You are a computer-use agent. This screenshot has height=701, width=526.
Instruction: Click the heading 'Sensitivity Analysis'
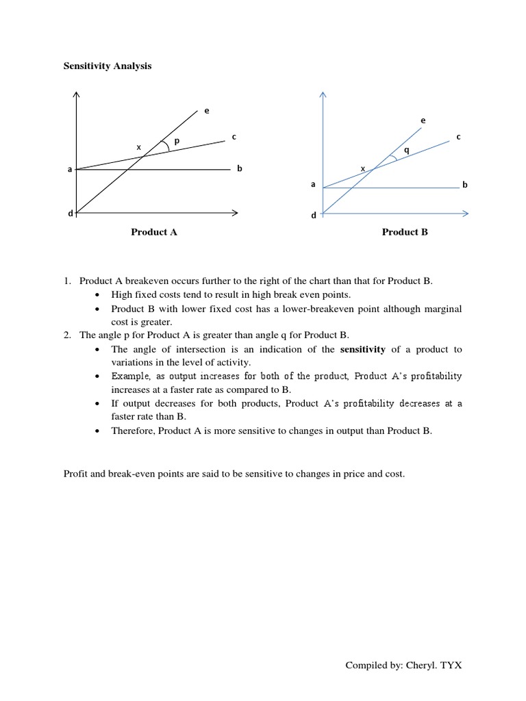(x=108, y=66)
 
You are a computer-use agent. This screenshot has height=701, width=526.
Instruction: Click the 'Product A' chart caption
(x=154, y=232)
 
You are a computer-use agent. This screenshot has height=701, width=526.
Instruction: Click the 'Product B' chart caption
(x=405, y=232)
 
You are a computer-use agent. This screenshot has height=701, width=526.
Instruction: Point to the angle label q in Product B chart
(x=407, y=150)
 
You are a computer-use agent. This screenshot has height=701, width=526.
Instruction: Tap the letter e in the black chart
(x=207, y=111)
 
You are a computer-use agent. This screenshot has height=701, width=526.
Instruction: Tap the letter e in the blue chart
(x=423, y=120)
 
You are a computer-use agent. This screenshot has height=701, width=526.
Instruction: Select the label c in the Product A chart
(x=234, y=136)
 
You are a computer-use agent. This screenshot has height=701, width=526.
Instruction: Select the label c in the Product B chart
(x=458, y=136)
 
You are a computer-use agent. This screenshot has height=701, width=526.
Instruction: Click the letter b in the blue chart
(x=464, y=185)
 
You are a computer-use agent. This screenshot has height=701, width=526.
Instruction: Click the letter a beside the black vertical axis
(x=69, y=169)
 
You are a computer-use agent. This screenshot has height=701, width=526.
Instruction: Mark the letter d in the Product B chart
(x=314, y=215)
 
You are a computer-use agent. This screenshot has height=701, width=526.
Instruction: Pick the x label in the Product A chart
(x=138, y=146)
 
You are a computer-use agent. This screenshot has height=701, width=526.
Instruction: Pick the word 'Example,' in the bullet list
(x=132, y=377)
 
